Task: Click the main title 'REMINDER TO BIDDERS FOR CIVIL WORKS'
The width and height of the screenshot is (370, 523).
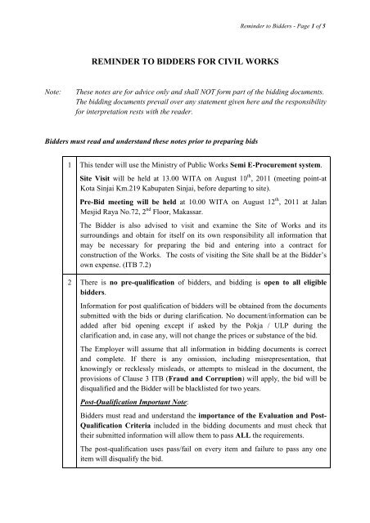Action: pos(185,60)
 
